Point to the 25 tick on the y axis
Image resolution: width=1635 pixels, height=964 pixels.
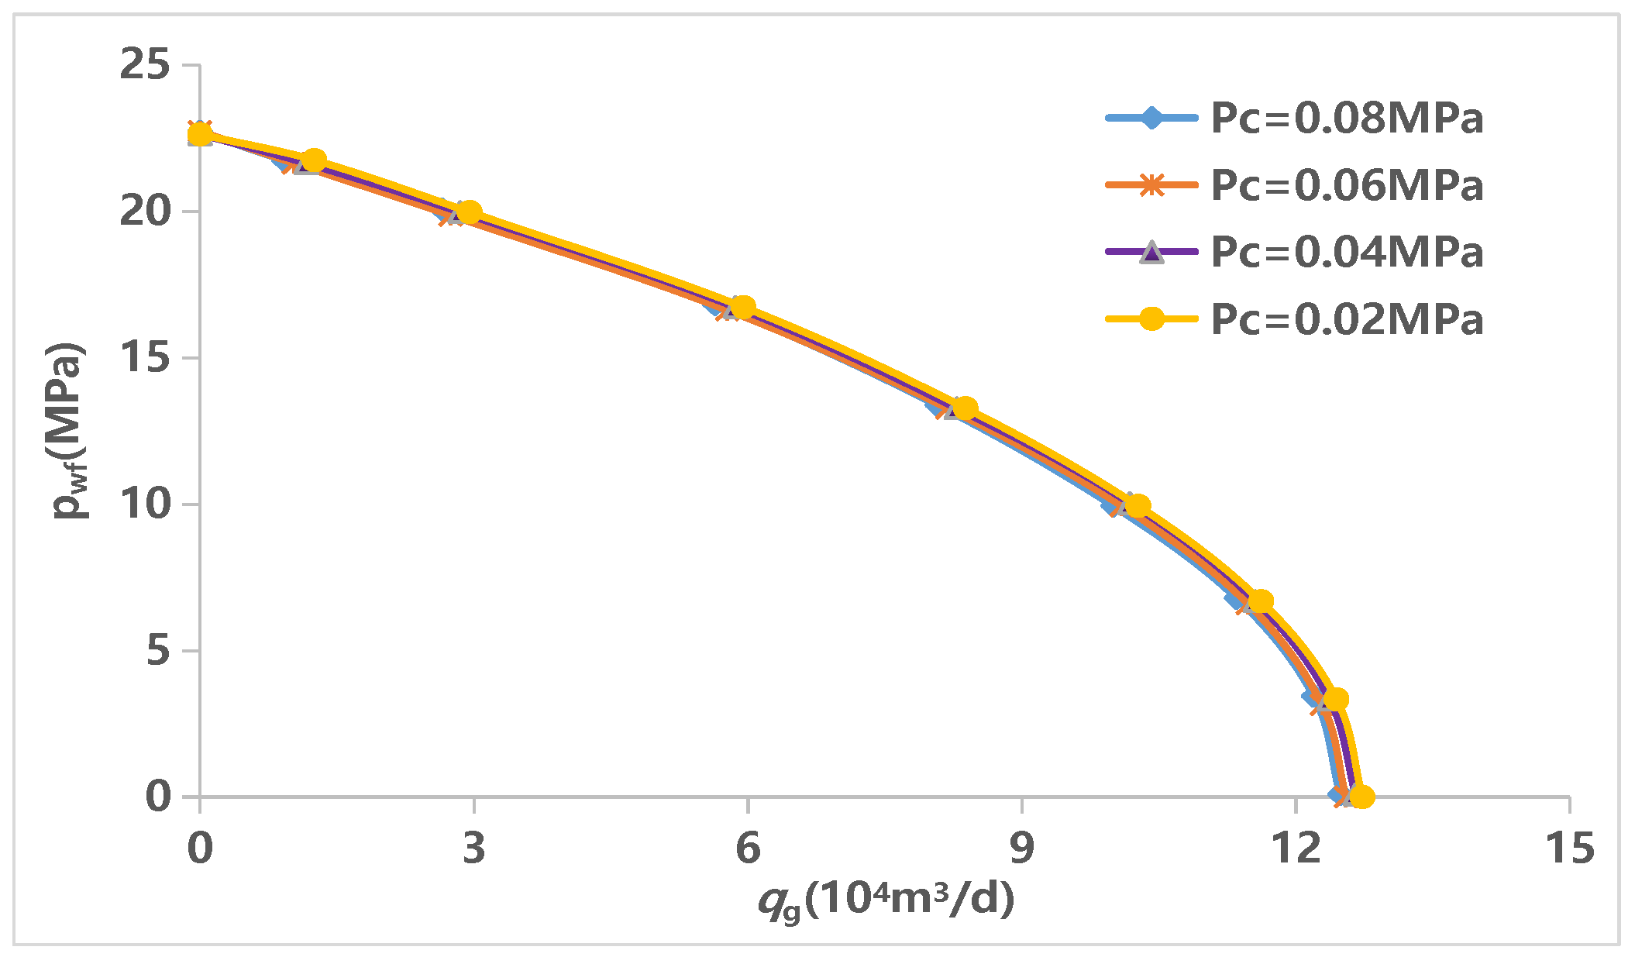pos(145,64)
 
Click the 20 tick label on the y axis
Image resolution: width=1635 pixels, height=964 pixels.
pos(145,211)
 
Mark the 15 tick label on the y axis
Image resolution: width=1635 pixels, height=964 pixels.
pos(145,357)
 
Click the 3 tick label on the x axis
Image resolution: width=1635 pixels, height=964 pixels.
pos(473,848)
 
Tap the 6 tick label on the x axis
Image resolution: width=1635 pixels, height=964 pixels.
pos(747,848)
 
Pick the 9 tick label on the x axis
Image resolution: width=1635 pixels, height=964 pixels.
pos(1021,848)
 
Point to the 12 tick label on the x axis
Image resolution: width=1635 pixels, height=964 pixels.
pos(1296,848)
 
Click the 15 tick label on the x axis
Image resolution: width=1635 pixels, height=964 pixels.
pos(1570,848)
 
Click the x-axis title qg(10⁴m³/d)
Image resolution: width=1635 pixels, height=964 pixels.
pos(886,901)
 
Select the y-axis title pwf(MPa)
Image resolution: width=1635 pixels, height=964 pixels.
pos(70,430)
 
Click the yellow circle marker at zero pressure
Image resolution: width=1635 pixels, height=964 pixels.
pos(1361,796)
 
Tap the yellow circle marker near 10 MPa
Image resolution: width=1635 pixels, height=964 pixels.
pos(1137,505)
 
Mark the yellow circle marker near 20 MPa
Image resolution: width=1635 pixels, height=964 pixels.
pos(469,212)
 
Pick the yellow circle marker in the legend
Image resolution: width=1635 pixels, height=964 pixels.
pos(1152,319)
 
